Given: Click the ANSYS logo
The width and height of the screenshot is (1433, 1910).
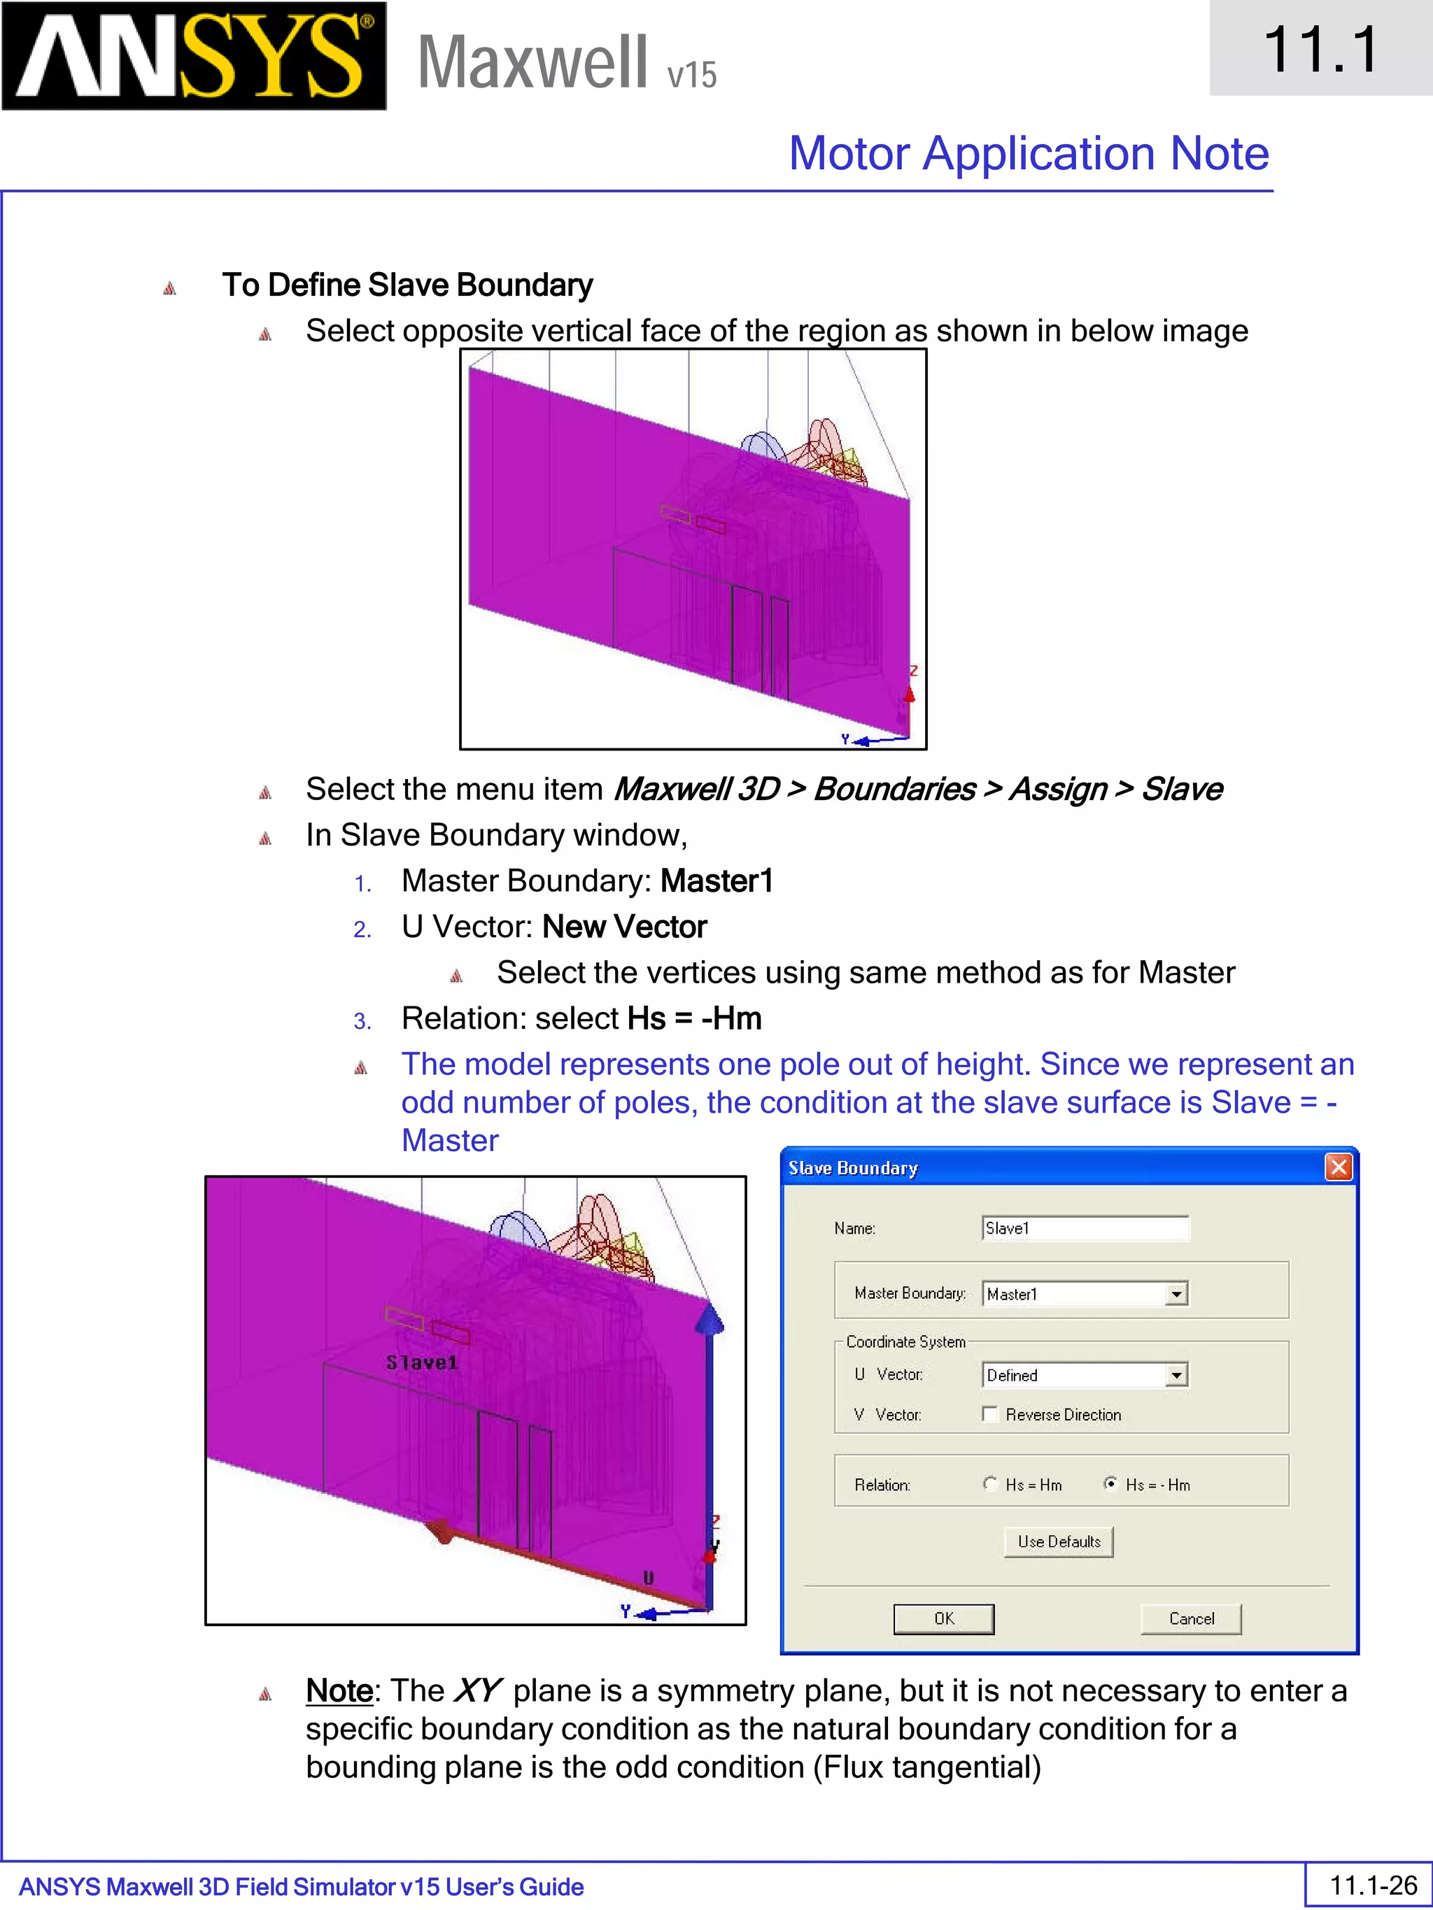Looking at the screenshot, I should pyautogui.click(x=194, y=55).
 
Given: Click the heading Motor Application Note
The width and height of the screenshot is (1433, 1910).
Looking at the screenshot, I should pyautogui.click(x=1028, y=154).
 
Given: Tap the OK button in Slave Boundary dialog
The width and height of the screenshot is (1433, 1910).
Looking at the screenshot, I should pyautogui.click(x=943, y=1618).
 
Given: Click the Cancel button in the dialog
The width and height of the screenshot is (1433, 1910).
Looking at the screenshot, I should pyautogui.click(x=1190, y=1618).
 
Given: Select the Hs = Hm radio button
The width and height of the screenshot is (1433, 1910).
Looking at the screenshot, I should pyautogui.click(x=991, y=1483).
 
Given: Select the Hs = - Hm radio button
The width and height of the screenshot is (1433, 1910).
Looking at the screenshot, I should pyautogui.click(x=1111, y=1483).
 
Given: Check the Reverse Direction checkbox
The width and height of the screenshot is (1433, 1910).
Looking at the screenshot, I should pyautogui.click(x=991, y=1414).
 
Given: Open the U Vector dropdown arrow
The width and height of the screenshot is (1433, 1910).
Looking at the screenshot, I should pyautogui.click(x=1176, y=1375).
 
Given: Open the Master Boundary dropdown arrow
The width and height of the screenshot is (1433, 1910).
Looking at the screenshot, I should pyautogui.click(x=1176, y=1293).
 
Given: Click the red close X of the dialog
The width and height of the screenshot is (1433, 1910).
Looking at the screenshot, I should pyautogui.click(x=1338, y=1167).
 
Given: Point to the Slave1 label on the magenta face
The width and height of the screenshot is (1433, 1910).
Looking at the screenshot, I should pyautogui.click(x=421, y=1362).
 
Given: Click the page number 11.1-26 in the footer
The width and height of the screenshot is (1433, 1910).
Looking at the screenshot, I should pyautogui.click(x=1373, y=1884).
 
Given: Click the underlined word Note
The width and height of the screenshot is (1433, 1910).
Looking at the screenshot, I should pyautogui.click(x=339, y=1690).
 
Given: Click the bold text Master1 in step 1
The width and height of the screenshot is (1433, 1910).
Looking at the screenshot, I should pyautogui.click(x=716, y=881).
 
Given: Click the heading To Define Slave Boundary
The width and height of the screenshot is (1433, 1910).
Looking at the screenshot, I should pyautogui.click(x=407, y=285).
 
